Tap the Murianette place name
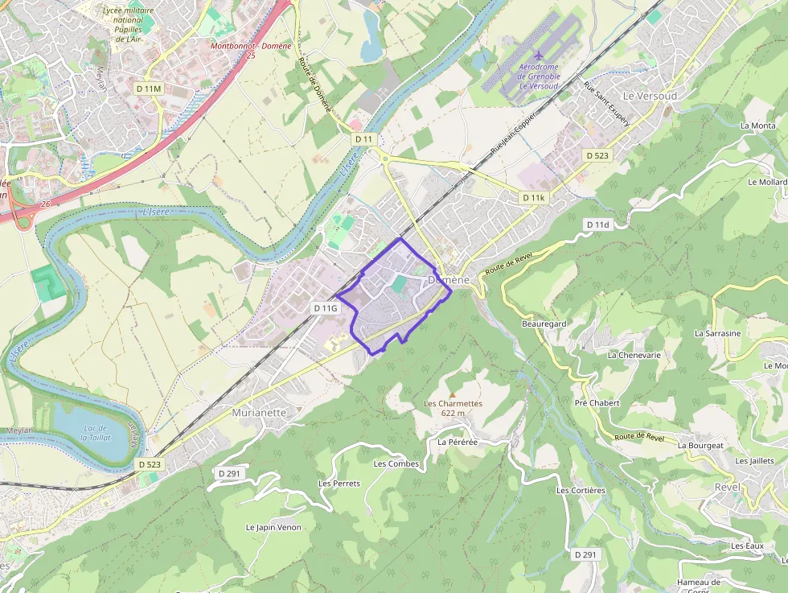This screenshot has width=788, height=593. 258,413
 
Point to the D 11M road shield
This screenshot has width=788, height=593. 149,88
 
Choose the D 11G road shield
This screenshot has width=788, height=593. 326,308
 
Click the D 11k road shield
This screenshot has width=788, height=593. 533,197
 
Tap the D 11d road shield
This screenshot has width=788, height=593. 598,224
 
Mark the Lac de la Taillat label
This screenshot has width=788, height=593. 96,433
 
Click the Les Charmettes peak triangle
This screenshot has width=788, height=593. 452,393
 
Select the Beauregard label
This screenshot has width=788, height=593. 544,323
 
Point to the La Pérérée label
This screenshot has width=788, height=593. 458,443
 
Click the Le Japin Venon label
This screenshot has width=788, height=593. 273,527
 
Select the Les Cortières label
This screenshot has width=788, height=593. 581,490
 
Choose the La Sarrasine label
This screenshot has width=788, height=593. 717,332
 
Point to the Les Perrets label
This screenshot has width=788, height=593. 339,484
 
